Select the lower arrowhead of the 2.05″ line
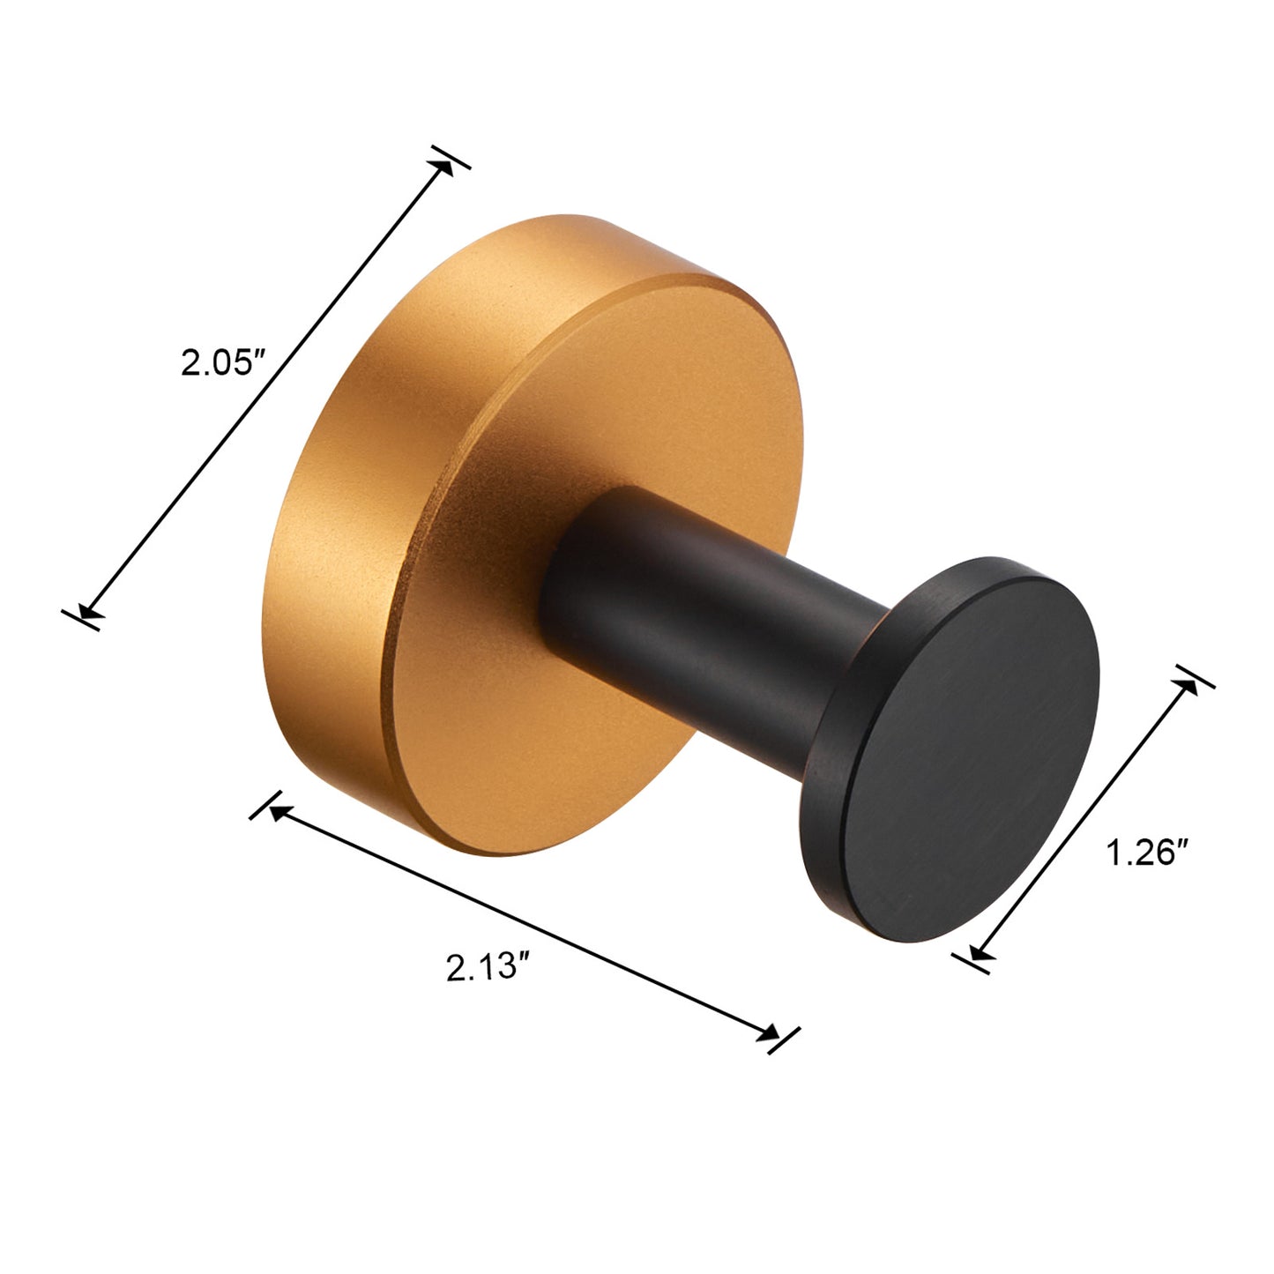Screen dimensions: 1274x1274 pyautogui.click(x=86, y=611)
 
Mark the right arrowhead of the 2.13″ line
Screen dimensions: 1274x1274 pyautogui.click(x=771, y=1034)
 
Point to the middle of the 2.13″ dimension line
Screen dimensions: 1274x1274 pyautogui.click(x=524, y=922)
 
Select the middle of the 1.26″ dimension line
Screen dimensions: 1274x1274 pyautogui.click(x=1084, y=817)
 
